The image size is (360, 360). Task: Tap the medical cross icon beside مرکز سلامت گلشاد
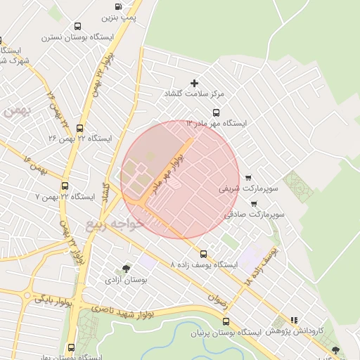[x=195, y=84]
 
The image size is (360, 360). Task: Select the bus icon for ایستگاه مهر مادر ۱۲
[x=217, y=112]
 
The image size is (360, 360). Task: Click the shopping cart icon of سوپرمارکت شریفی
[x=248, y=177]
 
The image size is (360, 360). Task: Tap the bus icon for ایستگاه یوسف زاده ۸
[x=204, y=254]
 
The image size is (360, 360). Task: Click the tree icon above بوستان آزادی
[x=126, y=268]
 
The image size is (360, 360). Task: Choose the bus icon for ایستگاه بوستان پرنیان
[x=225, y=321]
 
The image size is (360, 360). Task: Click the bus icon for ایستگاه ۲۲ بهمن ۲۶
[x=79, y=129]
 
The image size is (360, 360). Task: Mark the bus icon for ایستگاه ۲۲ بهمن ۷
[x=65, y=186]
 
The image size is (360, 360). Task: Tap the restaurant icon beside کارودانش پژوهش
[x=294, y=320]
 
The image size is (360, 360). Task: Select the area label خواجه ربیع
[x=115, y=224]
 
